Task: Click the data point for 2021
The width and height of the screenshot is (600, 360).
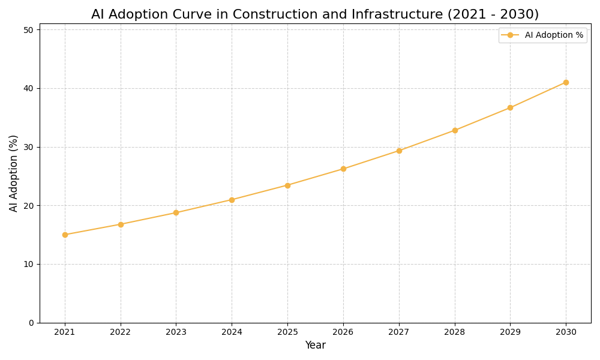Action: [x=65, y=235]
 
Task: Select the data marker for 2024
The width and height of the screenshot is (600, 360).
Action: [x=232, y=200]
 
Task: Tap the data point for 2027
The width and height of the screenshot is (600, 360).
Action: [x=399, y=151]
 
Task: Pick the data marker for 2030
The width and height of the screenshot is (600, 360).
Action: [x=566, y=82]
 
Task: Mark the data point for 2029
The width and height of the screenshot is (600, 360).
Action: [x=510, y=108]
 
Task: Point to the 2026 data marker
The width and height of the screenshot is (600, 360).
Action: [x=343, y=169]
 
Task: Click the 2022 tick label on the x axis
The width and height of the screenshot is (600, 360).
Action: [x=121, y=332]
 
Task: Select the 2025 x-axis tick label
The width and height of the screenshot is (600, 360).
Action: [x=287, y=332]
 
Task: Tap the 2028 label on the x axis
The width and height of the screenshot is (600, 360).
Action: [x=455, y=332]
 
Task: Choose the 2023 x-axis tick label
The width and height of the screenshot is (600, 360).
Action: [x=176, y=332]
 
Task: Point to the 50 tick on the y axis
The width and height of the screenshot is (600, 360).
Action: [x=29, y=29]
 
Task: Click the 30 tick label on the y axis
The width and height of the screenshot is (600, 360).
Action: [x=29, y=147]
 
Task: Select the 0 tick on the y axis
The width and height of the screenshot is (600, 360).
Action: [x=31, y=323]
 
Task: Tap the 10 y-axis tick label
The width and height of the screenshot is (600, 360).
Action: [x=29, y=264]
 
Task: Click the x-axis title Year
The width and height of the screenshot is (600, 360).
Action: [x=315, y=346]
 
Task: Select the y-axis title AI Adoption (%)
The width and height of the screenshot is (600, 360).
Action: [x=14, y=173]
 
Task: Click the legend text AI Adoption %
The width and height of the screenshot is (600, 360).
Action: [x=554, y=35]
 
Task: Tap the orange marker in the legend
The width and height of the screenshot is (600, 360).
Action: [x=510, y=35]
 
